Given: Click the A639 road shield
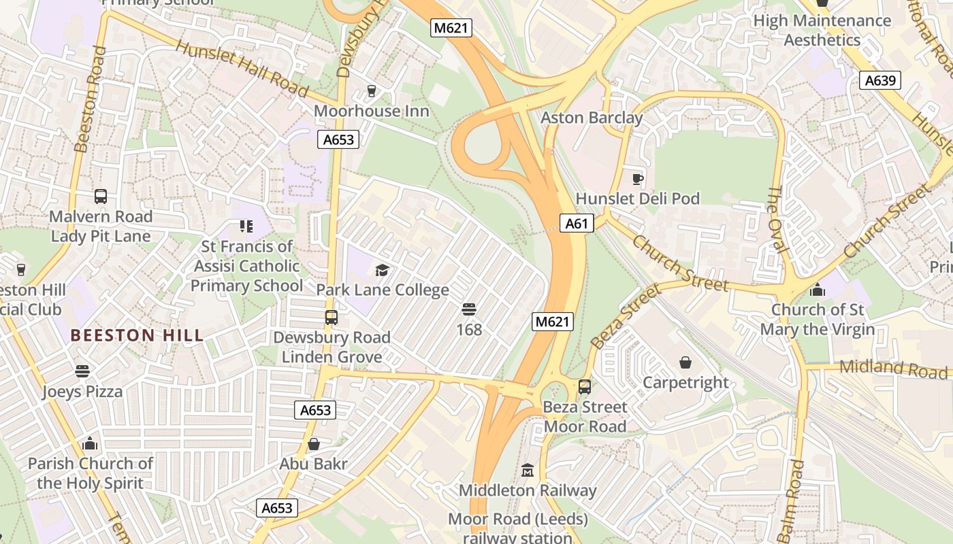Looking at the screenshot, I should (x=879, y=81).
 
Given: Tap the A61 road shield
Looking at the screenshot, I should (x=577, y=223).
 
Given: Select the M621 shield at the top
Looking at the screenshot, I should (x=451, y=28).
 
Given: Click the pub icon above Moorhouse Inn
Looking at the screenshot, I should (x=371, y=90).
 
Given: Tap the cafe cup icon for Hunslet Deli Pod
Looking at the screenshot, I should (x=637, y=179).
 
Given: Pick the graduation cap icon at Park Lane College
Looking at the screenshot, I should (x=382, y=270).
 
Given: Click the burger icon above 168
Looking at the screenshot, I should (x=468, y=309).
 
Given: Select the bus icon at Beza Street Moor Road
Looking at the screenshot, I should (x=584, y=387).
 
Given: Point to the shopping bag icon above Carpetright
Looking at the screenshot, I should (x=685, y=362).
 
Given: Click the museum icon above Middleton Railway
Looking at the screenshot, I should (x=527, y=470).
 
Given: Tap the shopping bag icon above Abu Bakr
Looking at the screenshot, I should (x=314, y=444).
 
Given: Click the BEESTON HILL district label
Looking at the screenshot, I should (x=137, y=335).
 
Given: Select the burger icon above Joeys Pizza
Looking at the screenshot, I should (x=82, y=371).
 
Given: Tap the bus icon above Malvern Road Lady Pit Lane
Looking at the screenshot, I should (x=101, y=197).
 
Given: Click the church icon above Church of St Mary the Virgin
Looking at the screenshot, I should (x=817, y=290).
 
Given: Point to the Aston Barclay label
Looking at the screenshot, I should (x=592, y=118).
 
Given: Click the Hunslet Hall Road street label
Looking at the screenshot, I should (x=242, y=68).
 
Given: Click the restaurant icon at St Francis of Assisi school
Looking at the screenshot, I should (x=246, y=226).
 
